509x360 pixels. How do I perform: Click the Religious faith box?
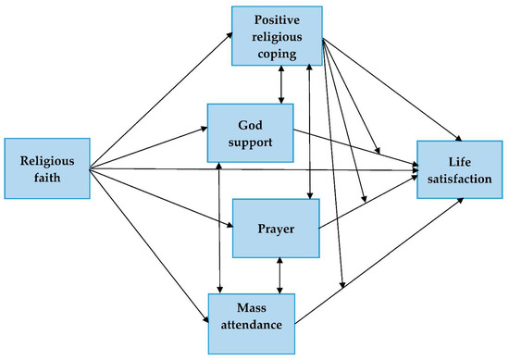(x=46, y=168)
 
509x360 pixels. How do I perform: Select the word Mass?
(x=254, y=308)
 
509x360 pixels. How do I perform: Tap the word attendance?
(x=254, y=325)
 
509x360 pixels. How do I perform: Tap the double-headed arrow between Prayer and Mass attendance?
(x=279, y=274)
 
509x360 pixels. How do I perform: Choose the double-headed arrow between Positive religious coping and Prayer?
(x=309, y=130)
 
